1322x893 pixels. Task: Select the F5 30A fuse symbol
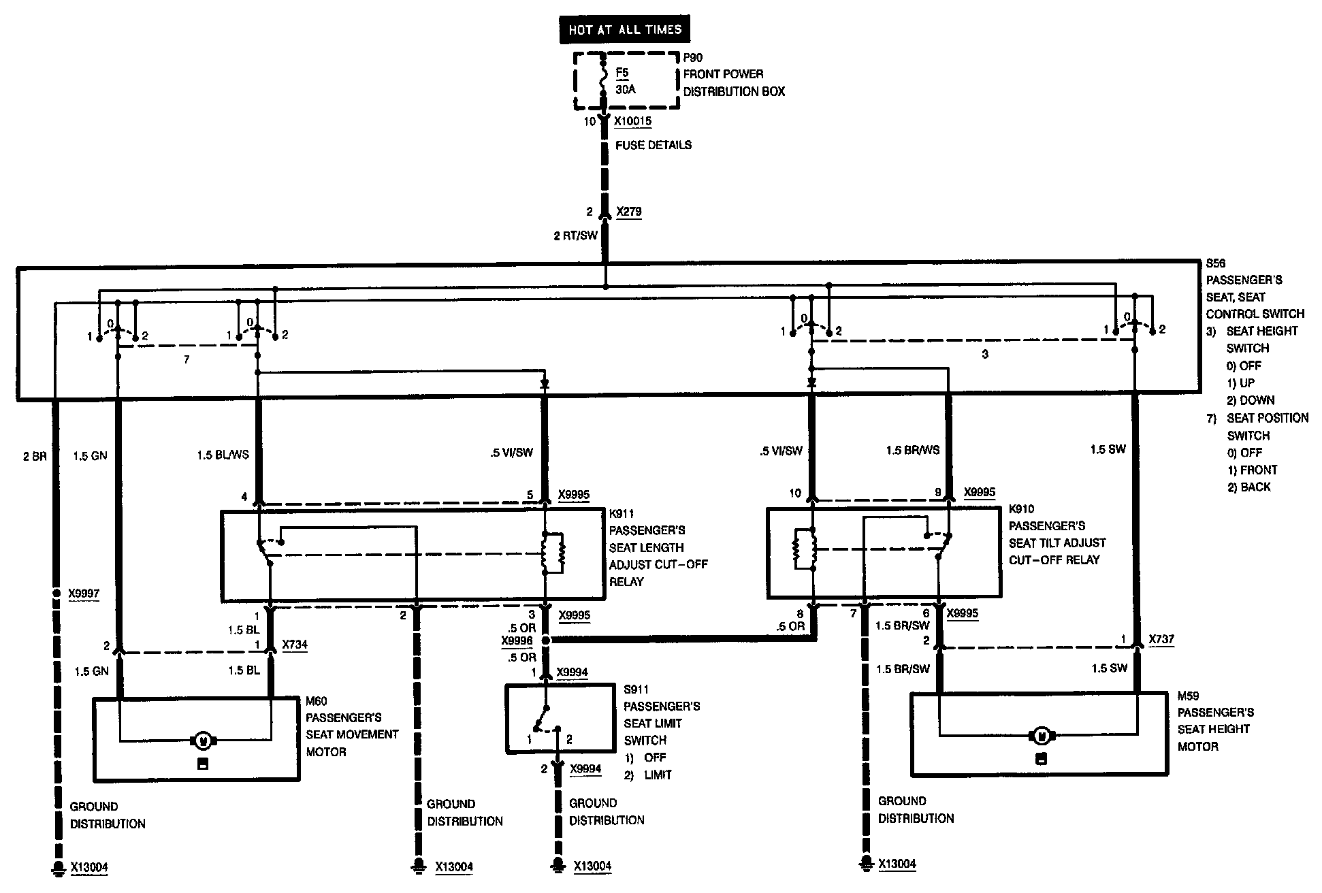click(x=602, y=80)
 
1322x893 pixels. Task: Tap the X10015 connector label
click(x=632, y=122)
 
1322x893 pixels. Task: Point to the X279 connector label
click(x=629, y=212)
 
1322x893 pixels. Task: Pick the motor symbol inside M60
click(x=203, y=740)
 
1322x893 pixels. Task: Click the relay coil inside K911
click(x=553, y=552)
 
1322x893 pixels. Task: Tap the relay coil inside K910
click(x=804, y=549)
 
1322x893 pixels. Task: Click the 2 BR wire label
click(x=35, y=456)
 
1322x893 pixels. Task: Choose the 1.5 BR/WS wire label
click(x=912, y=450)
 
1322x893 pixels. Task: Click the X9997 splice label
click(x=84, y=594)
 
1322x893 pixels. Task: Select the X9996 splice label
click(x=517, y=640)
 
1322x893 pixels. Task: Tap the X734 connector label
click(x=293, y=645)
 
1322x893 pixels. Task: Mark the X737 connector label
click(x=1161, y=640)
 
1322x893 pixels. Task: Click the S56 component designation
click(x=1216, y=263)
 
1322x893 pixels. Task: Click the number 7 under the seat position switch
click(x=187, y=359)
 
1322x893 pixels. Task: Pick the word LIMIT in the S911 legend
click(x=658, y=775)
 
